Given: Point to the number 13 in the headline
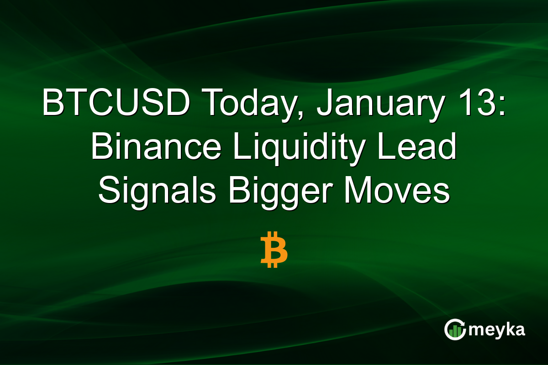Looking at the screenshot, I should (x=479, y=104).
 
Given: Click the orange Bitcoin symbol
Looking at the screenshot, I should (x=274, y=249).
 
